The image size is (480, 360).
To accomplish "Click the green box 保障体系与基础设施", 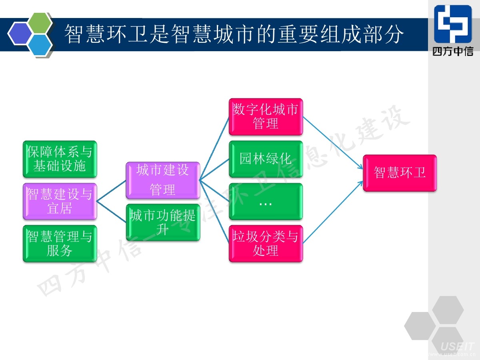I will click(x=60, y=159).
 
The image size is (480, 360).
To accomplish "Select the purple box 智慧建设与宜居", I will click(x=60, y=201).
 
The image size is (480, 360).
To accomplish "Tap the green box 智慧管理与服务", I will click(x=60, y=244).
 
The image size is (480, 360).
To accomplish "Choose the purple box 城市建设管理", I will click(x=163, y=180).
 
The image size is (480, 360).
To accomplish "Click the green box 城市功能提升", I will click(x=163, y=222).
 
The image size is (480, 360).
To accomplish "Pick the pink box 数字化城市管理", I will click(x=266, y=116).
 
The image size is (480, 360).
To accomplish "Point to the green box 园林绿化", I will click(x=266, y=159).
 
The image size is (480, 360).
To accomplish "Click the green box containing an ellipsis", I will click(x=266, y=201).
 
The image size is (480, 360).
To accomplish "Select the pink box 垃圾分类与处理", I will click(x=266, y=244).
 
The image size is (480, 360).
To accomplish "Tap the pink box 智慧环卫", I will click(x=400, y=173).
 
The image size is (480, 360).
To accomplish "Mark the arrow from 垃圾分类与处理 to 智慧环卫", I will click(x=333, y=212).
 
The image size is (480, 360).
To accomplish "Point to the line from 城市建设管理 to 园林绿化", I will click(x=214, y=169).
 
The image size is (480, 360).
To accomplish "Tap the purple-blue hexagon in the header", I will click(x=20, y=33).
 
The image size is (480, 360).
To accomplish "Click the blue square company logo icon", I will click(x=453, y=24).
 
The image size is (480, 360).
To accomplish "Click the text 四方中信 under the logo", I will click(x=453, y=51).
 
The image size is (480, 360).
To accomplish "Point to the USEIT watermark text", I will click(x=457, y=346).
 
